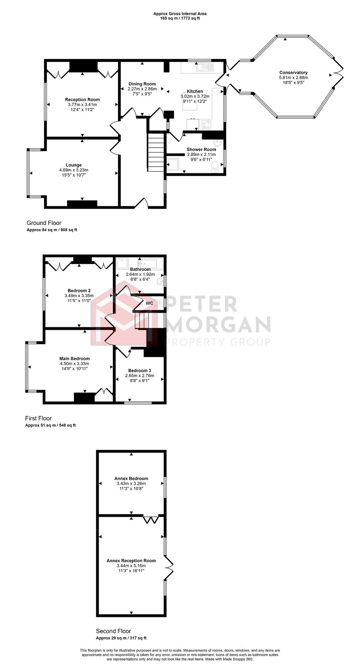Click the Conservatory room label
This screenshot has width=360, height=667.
pyautogui.click(x=293, y=73)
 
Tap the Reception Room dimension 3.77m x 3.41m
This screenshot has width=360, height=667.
pyautogui.click(x=82, y=104)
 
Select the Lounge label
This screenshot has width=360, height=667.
pyautogui.click(x=74, y=165)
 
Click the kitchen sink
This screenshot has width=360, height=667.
pyautogui.click(x=205, y=67)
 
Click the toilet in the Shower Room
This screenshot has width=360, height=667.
pyautogui.click(x=215, y=166)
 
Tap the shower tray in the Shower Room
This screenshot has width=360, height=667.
pyautogui.click(x=173, y=165)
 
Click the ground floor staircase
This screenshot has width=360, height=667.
pyautogui.click(x=156, y=152)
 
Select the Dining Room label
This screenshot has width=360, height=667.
pyautogui.click(x=142, y=84)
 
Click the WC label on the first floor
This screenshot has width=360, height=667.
pyautogui.click(x=149, y=303)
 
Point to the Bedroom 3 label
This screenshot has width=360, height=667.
pyautogui.click(x=140, y=371)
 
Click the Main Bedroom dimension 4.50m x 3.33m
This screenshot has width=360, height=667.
pyautogui.click(x=74, y=364)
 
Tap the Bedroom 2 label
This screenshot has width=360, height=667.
pyautogui.click(x=79, y=291)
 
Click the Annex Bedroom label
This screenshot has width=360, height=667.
pyautogui.click(x=131, y=478)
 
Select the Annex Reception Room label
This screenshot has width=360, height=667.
pyautogui.click(x=131, y=561)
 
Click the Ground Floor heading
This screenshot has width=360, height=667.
pyautogui.click(x=44, y=223)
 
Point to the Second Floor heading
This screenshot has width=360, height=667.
pyautogui.click(x=113, y=631)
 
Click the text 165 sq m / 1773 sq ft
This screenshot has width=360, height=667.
pyautogui.click(x=180, y=18)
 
